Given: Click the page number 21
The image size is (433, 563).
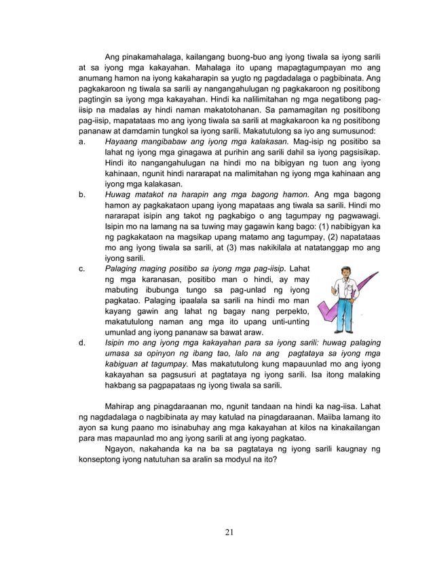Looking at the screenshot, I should pyautogui.click(x=229, y=530).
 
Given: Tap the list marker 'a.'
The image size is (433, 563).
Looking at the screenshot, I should pyautogui.click(x=82, y=141).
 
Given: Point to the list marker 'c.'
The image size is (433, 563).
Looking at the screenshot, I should pyautogui.click(x=82, y=269).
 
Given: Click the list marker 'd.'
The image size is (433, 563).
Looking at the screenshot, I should pyautogui.click(x=82, y=343).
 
